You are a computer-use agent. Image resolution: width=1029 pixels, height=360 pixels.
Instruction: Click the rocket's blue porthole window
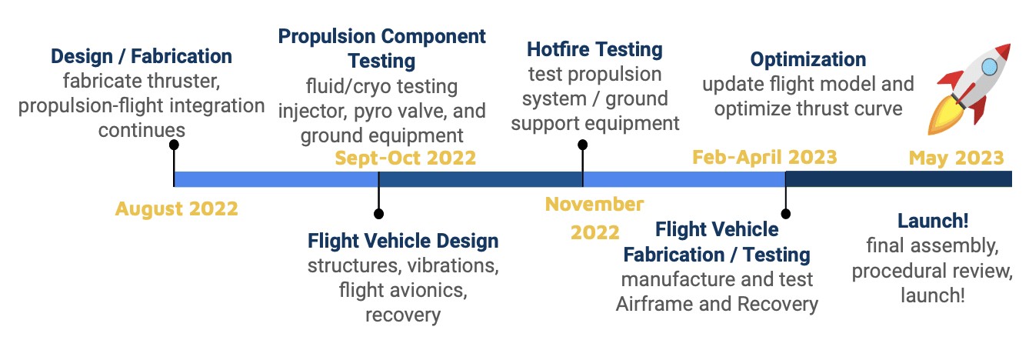tap(989, 67)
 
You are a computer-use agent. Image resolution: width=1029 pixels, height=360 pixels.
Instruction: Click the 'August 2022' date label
tap(176, 208)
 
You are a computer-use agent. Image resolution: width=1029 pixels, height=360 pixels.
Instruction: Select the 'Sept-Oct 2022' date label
tap(405, 158)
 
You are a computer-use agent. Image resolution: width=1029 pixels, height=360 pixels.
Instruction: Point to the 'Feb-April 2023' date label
tap(764, 157)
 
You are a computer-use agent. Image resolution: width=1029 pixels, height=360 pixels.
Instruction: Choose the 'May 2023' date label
tap(956, 158)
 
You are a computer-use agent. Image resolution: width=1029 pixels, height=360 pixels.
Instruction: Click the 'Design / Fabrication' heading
tap(142, 57)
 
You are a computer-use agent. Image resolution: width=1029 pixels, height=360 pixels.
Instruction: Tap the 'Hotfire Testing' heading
tap(594, 50)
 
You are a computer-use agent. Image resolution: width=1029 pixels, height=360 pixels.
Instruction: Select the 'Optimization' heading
tap(808, 59)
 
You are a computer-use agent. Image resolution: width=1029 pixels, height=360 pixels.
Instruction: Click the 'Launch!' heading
tap(933, 221)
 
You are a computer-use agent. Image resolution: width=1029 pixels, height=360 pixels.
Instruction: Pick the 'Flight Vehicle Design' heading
tap(403, 241)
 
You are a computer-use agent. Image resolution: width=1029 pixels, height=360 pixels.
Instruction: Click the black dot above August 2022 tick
tap(174, 145)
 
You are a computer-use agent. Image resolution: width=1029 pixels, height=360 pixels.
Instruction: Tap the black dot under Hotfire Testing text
tap(582, 145)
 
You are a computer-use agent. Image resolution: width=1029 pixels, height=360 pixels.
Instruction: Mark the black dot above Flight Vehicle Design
tap(378, 214)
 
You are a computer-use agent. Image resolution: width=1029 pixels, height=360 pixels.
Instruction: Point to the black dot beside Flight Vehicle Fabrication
tap(785, 214)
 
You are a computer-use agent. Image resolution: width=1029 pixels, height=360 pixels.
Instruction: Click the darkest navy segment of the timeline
tap(898, 179)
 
